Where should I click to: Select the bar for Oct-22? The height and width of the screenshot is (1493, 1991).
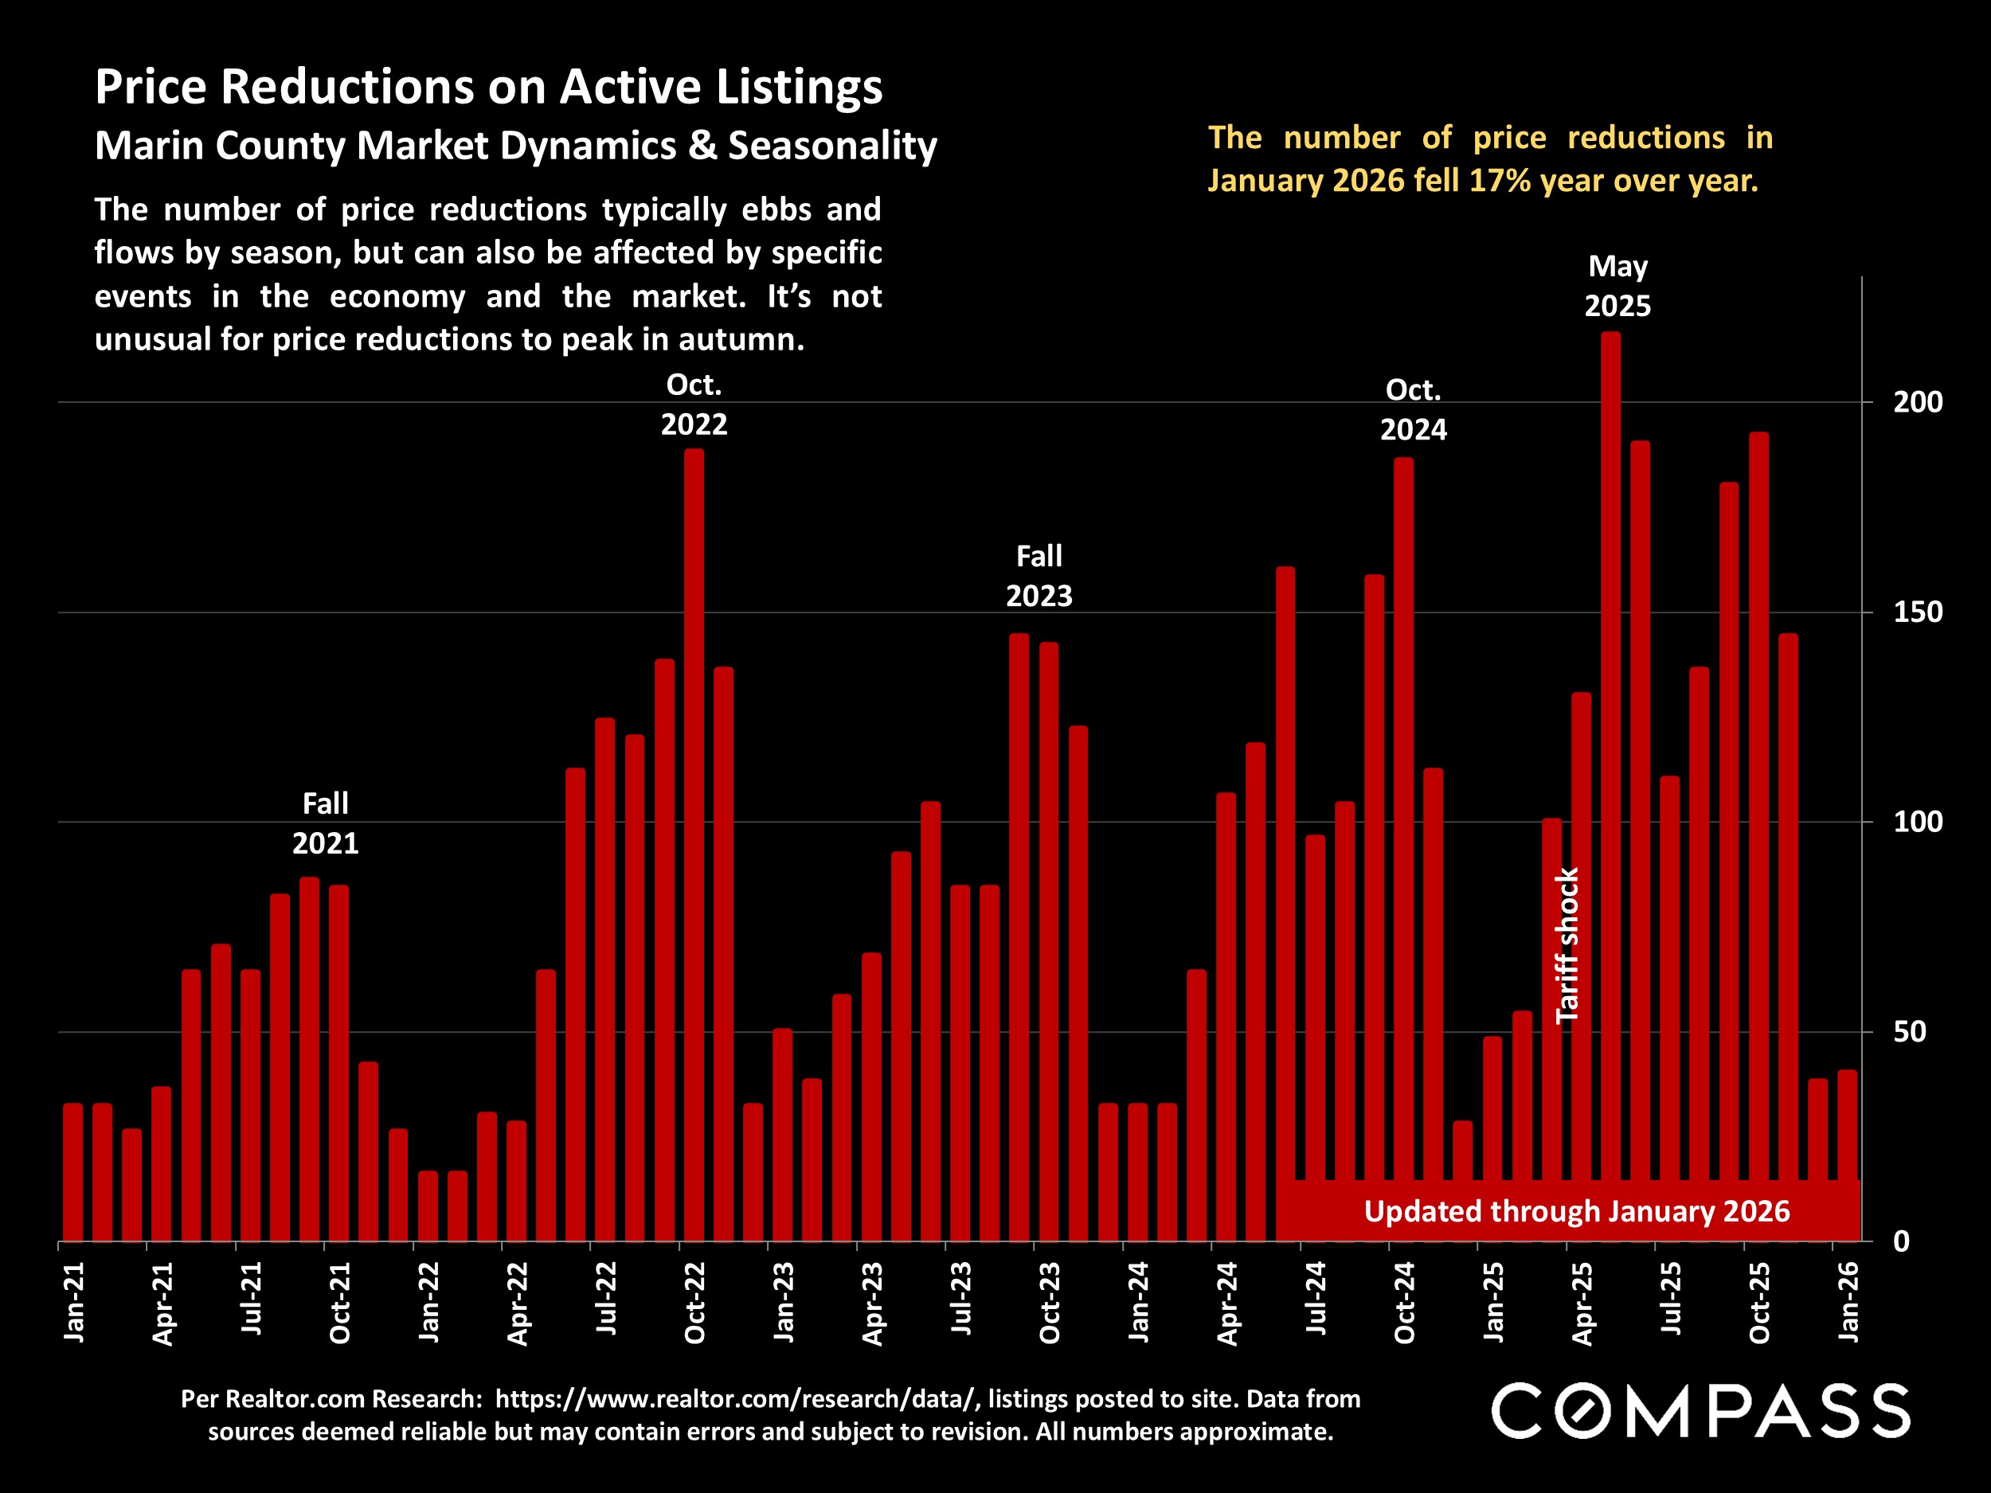coord(694,846)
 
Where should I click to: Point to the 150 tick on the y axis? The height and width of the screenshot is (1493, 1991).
coord(1917,612)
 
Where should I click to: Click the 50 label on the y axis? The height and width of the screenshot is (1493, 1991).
coord(1909,1031)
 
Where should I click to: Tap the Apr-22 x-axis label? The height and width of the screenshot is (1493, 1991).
coord(518,1302)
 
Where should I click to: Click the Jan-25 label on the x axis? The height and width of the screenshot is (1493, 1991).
coord(1493,1301)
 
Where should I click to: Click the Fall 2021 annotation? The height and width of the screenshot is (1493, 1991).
coord(325,823)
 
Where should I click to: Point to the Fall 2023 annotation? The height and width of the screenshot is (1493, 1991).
coord(1039,576)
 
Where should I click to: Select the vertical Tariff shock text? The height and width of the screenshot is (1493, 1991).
coord(1567,945)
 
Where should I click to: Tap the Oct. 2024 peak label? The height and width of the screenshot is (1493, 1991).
coord(1413,409)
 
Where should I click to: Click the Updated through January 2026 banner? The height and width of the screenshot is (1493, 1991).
coord(1576,1211)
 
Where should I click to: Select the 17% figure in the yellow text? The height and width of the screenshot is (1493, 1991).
coord(1500,181)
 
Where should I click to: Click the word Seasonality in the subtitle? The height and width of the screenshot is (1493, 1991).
coord(831,146)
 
